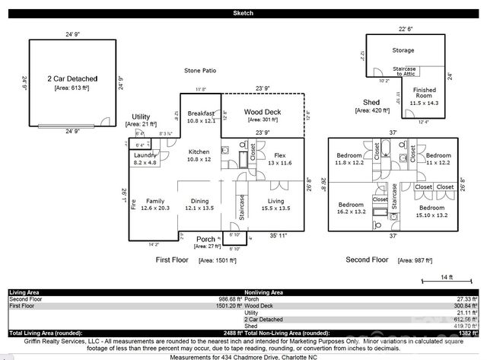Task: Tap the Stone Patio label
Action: (200, 71)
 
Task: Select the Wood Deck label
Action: (263, 112)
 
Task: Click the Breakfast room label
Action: (201, 113)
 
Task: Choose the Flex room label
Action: (280, 155)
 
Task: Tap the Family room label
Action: (155, 202)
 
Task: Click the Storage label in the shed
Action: (403, 50)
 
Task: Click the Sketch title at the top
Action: (243, 14)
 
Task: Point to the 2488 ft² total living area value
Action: (224, 334)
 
